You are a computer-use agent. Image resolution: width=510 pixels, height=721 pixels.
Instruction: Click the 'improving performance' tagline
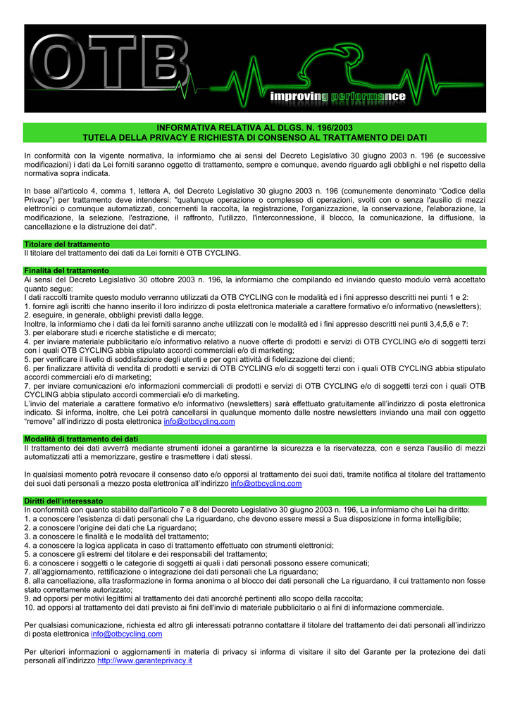pyautogui.click(x=338, y=96)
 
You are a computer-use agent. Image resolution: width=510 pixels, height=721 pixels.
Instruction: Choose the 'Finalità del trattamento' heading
pyautogui.click(x=66, y=270)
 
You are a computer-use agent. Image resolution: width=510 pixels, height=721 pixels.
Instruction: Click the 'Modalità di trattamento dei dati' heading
pyautogui.click(x=81, y=439)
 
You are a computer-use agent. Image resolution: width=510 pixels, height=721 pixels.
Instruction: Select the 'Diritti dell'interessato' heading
pyautogui.click(x=63, y=501)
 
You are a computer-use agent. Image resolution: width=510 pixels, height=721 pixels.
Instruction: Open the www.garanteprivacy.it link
pyautogui.click(x=144, y=661)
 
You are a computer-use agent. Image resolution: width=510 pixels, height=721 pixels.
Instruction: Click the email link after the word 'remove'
pyautogui.click(x=199, y=422)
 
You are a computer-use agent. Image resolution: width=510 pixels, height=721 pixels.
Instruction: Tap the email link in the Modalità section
pyautogui.click(x=266, y=484)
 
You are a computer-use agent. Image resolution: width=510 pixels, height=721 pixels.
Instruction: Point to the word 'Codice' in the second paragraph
pyautogui.click(x=448, y=191)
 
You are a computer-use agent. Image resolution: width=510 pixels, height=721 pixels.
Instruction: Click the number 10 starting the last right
pyautogui.click(x=29, y=607)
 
